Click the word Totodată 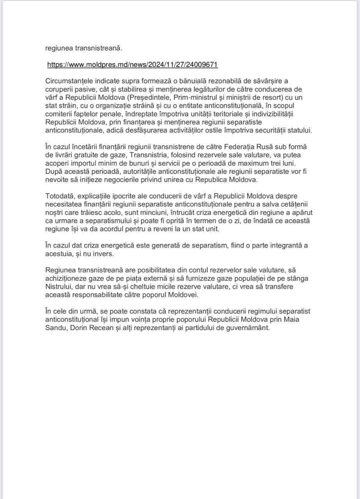point(60,196)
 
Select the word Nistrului point(59,287)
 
